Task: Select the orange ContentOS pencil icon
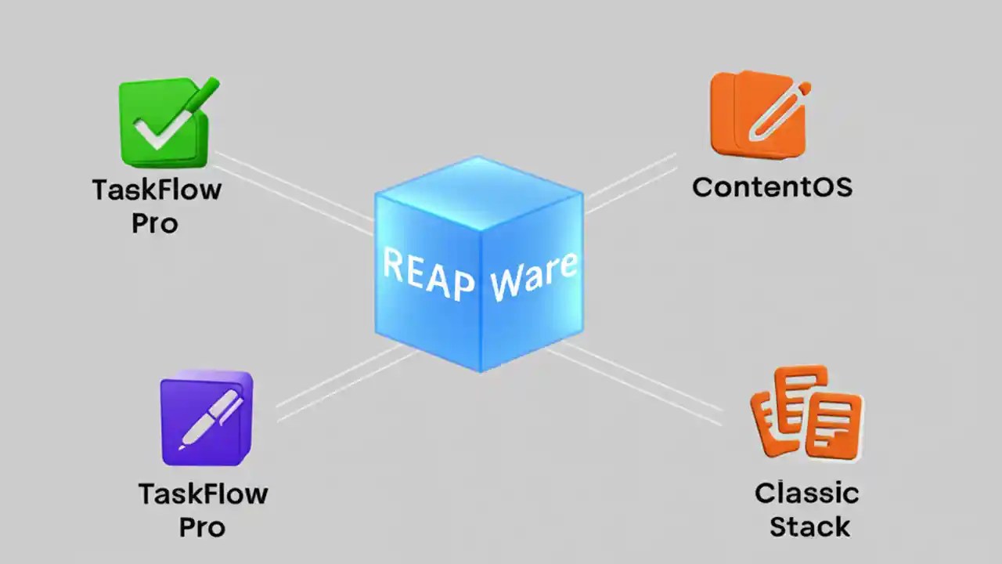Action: pyautogui.click(x=758, y=114)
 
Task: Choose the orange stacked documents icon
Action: pyautogui.click(x=806, y=413)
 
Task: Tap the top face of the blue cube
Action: pyautogui.click(x=478, y=191)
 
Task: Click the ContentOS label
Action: pyautogui.click(x=772, y=188)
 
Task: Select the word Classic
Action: pyautogui.click(x=807, y=493)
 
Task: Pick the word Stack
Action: pyautogui.click(x=809, y=526)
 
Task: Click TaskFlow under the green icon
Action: pyautogui.click(x=157, y=190)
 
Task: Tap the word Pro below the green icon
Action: pyautogui.click(x=154, y=224)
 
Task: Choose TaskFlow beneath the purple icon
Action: pyautogui.click(x=203, y=494)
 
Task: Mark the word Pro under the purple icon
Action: pyautogui.click(x=202, y=527)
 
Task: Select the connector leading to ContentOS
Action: pyautogui.click(x=630, y=182)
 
